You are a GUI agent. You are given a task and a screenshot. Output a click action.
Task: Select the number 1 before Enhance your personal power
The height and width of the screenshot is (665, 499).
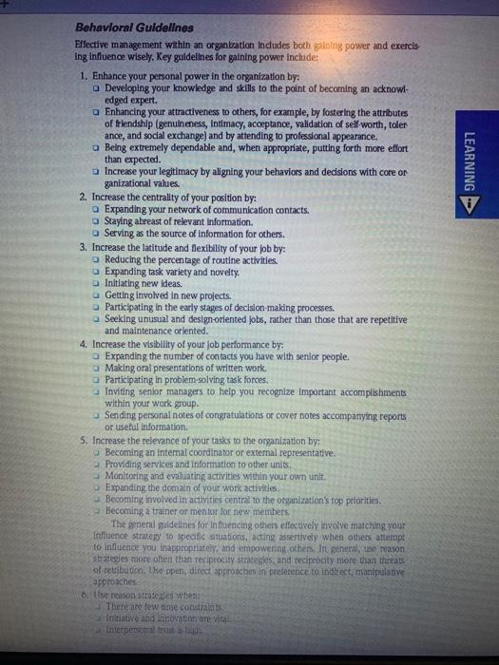[86, 74]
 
